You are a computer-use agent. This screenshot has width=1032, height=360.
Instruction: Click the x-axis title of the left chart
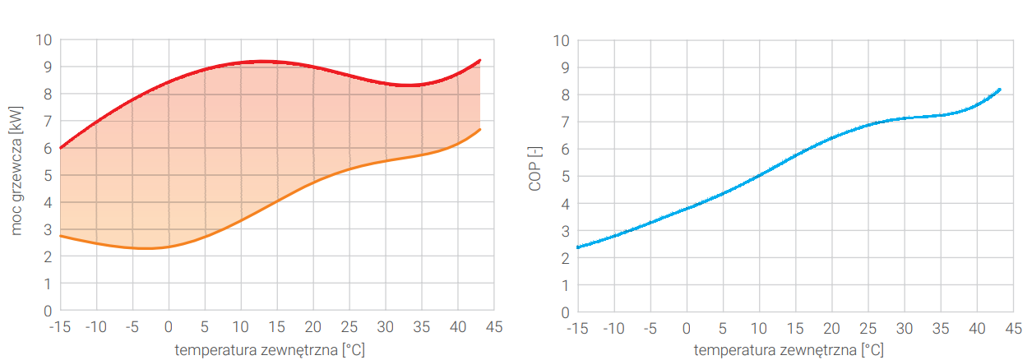(x=270, y=349)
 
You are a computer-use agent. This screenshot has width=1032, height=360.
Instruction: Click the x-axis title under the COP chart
(x=789, y=350)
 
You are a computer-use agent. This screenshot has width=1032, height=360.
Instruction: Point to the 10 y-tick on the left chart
(x=44, y=39)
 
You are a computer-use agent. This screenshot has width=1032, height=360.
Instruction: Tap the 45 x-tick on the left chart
(x=493, y=327)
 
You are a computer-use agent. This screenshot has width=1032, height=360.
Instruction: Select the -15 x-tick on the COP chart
(x=577, y=329)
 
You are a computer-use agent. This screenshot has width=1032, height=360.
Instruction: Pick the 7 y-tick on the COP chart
(x=562, y=122)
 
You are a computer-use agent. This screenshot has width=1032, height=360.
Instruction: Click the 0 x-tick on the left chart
(x=169, y=327)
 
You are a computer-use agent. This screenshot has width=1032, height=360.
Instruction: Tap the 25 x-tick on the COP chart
(x=868, y=329)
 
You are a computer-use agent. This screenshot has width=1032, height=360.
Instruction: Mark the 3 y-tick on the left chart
(x=48, y=229)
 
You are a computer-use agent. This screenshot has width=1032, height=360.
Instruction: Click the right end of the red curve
(x=479, y=60)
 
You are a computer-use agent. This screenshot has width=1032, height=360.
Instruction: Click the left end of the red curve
(x=61, y=148)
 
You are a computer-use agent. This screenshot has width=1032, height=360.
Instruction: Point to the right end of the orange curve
(x=479, y=129)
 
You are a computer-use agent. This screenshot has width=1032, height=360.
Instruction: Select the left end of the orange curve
(x=61, y=236)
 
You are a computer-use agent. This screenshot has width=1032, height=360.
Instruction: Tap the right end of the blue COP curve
(x=999, y=89)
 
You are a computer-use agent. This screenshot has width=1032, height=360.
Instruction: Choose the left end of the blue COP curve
(x=578, y=247)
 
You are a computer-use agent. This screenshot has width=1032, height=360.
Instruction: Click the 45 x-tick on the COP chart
(x=1013, y=329)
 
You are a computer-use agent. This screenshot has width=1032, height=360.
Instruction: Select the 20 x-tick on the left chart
(x=312, y=327)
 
